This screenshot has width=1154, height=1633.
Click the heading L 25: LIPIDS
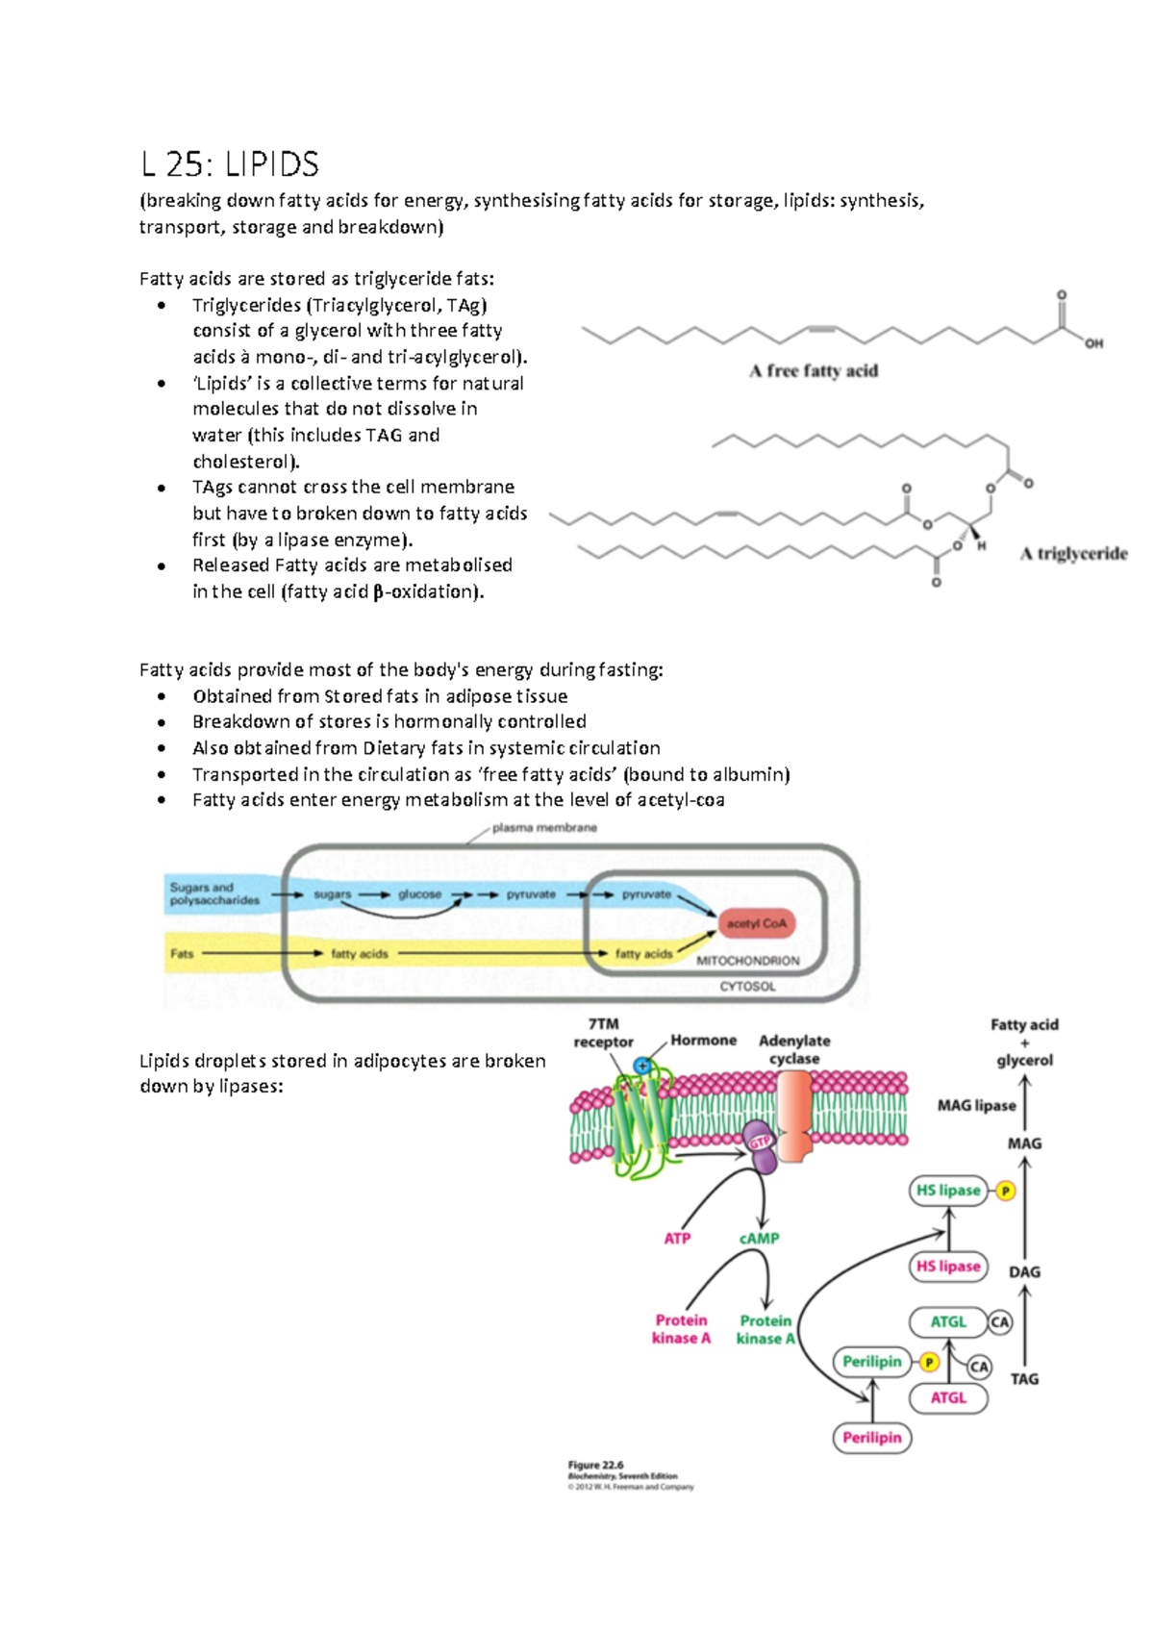point(230,164)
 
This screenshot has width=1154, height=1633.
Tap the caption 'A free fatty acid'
point(814,371)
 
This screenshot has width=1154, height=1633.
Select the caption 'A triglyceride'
point(1073,554)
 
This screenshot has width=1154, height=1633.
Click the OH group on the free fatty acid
point(1094,343)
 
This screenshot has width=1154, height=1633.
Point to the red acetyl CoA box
point(757,923)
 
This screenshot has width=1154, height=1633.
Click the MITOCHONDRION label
point(747,961)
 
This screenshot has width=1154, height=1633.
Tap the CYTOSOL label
point(747,987)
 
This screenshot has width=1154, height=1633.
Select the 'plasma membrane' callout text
point(544,828)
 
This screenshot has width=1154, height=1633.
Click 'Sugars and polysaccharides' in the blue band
point(214,893)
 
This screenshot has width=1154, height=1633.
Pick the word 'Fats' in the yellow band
point(182,954)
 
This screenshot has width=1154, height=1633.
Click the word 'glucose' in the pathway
point(419,894)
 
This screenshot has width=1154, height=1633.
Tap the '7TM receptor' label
point(603,1033)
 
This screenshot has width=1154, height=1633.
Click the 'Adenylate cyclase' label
point(794,1049)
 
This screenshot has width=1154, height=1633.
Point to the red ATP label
point(677,1239)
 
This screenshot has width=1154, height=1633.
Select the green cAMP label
point(759,1239)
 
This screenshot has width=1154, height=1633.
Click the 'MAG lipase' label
point(976,1106)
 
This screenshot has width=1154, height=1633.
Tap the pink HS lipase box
point(948,1267)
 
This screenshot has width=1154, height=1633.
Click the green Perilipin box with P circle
point(872,1362)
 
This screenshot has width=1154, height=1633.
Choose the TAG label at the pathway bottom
point(1024,1379)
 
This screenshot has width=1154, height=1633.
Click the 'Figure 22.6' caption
point(595,1466)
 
